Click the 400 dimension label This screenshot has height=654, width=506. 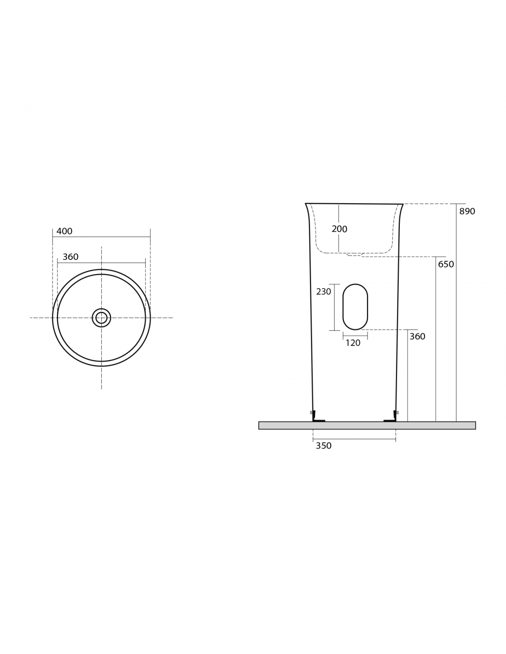point(64,231)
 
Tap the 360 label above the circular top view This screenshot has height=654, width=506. point(70,257)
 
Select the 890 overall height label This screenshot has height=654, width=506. point(467,211)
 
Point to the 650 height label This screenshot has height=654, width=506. point(446,264)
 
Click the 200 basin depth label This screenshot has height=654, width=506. point(339,229)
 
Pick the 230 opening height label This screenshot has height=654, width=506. point(323,291)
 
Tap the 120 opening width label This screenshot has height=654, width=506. point(353,343)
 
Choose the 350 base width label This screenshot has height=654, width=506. point(323,446)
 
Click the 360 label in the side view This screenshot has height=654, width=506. point(417,336)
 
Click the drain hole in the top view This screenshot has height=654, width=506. point(102,317)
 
